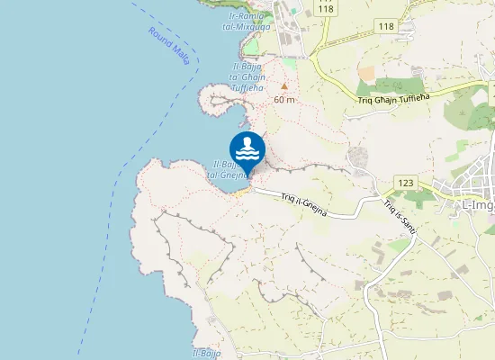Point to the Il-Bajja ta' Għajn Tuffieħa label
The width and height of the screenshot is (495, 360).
(x=251, y=77)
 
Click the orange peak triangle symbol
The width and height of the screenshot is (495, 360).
(x=284, y=87)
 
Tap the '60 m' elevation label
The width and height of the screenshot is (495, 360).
(x=284, y=99)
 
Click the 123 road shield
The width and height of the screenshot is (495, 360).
(x=404, y=183)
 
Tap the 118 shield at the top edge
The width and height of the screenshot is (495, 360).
(x=325, y=7)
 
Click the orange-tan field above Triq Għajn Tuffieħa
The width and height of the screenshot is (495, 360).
(x=366, y=72)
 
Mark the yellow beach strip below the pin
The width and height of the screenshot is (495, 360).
(x=244, y=190)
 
